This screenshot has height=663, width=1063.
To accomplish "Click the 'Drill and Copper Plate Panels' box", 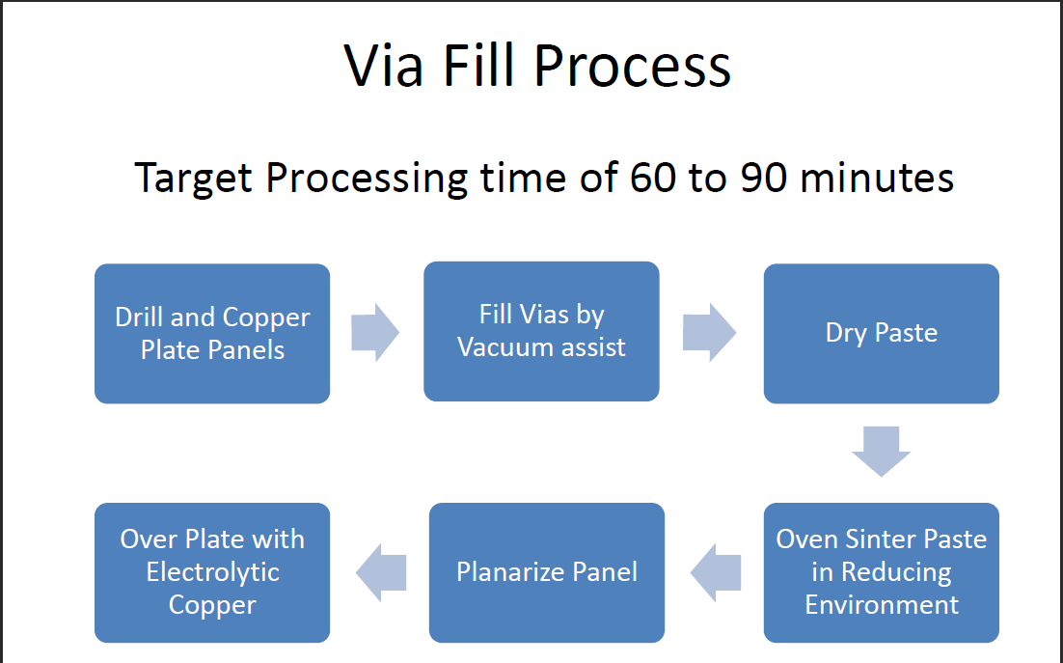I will coord(212,333).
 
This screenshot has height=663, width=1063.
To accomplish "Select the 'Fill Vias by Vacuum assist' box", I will coord(541,331).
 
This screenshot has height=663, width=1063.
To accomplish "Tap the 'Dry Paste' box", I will coord(881,333).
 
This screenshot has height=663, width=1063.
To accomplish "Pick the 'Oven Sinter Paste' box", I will coord(881,572).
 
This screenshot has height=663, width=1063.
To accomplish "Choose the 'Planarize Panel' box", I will coord(546,572).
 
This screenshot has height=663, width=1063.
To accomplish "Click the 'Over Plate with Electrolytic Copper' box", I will coord(212,572).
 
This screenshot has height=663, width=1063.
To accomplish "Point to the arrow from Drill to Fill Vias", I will coord(374,333).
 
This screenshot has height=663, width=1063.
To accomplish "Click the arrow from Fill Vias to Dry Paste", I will coord(709,333).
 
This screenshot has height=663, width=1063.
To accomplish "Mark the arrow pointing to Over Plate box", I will coord(381,572).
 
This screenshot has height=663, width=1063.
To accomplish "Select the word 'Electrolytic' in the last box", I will coord(212,572).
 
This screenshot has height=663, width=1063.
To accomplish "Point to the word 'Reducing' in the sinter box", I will coord(896,572).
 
